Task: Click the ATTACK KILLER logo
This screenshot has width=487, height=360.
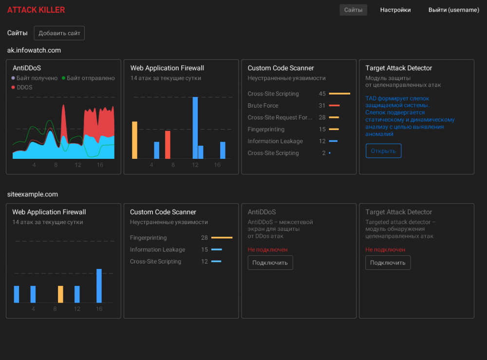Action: [x=36, y=10]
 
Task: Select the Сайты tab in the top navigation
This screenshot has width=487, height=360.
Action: [x=353, y=10]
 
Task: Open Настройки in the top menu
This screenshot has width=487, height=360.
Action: [x=395, y=10]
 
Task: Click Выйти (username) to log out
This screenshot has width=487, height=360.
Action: [x=453, y=10]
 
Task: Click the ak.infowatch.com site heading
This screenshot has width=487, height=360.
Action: [x=34, y=50]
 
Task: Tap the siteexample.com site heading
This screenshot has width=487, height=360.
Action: [x=33, y=194]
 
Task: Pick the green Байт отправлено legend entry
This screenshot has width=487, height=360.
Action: [x=90, y=78]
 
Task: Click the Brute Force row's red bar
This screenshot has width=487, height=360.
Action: [x=334, y=106]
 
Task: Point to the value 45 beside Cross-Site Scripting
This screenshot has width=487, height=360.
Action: [x=322, y=94]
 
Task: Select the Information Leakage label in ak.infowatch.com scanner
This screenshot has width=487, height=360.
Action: [x=275, y=141]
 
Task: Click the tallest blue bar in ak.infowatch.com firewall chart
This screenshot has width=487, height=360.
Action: [x=195, y=128]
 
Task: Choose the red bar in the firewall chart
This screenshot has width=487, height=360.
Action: [x=168, y=145]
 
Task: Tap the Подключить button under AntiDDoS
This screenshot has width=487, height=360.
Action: [x=270, y=263]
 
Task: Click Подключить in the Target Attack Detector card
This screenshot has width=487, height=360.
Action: [x=388, y=263]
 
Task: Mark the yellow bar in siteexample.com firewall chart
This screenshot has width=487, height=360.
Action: [x=60, y=294]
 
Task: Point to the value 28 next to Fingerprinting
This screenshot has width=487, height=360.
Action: [x=205, y=238]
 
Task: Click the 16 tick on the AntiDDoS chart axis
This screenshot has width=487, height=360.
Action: [x=100, y=165]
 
